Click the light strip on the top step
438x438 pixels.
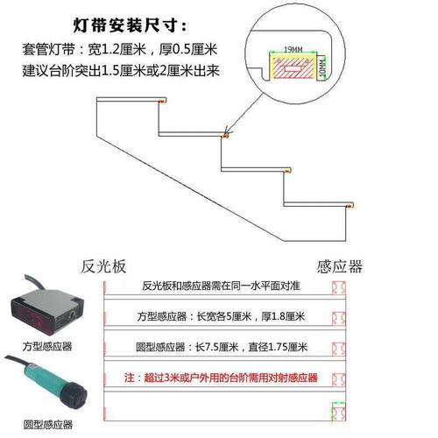coord(160,102)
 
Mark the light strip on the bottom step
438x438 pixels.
coord(351,204)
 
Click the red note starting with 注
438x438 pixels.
coord(220,378)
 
